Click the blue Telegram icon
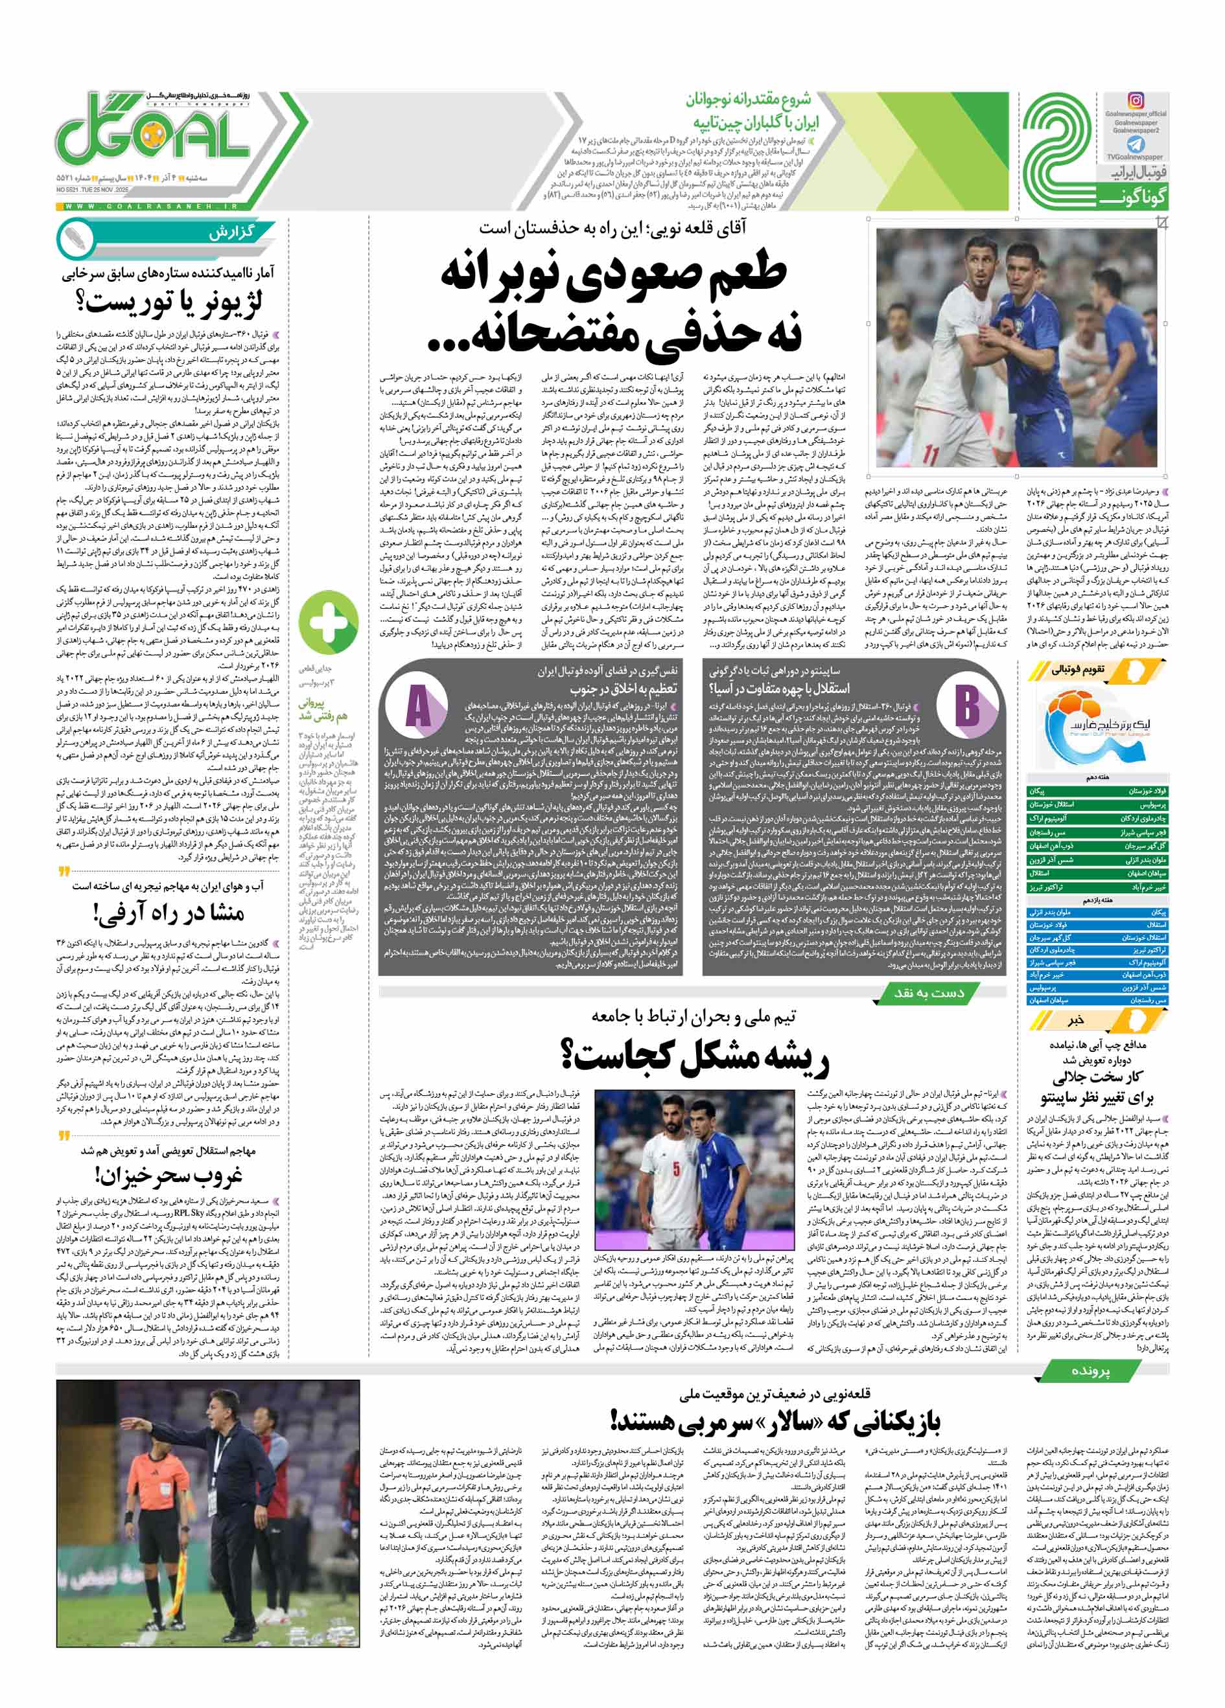click(1136, 144)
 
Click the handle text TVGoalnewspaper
click(1136, 157)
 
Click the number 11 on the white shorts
click(931, 455)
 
